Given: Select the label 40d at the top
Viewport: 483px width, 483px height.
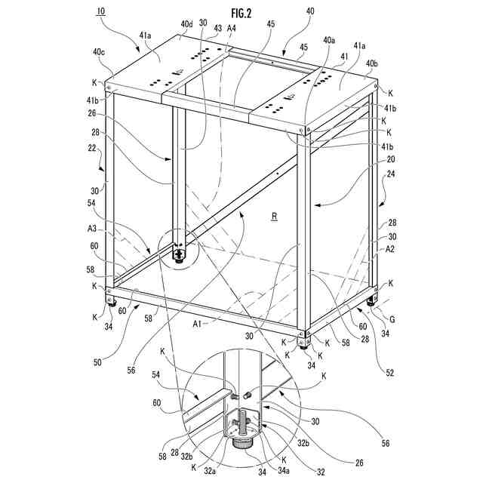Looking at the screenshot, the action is click(186, 24).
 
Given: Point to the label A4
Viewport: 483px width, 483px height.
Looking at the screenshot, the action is click(232, 29).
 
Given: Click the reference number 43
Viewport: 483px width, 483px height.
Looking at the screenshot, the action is click(218, 29).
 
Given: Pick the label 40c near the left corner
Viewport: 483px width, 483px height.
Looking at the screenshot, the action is click(99, 52).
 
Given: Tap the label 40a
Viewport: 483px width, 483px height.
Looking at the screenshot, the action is click(329, 40).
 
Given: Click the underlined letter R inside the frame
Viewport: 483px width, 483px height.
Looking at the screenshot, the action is click(275, 217).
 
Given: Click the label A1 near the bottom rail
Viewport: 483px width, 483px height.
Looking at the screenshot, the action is click(198, 323).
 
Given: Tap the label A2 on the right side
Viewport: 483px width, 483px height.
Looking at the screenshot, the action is click(391, 249).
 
